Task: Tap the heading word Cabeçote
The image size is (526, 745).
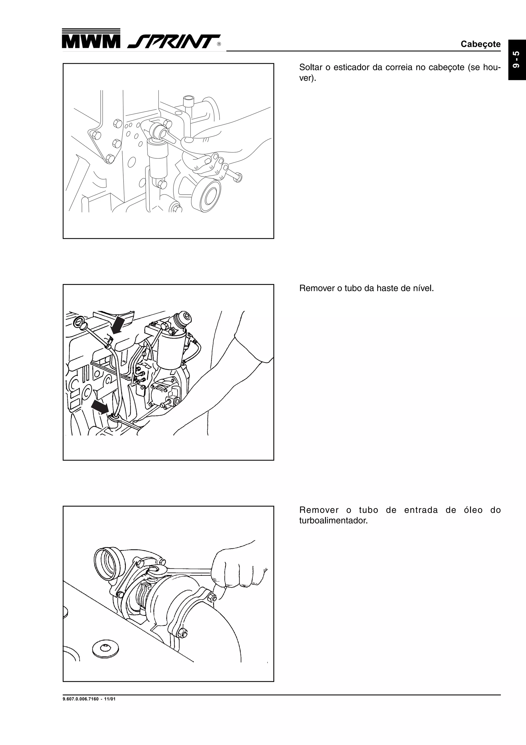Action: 480,44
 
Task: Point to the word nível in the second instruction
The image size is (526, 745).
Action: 423,288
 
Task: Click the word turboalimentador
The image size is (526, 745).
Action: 333,521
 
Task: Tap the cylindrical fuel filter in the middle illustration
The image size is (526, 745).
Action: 172,352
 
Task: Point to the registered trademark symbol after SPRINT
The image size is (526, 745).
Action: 219,44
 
